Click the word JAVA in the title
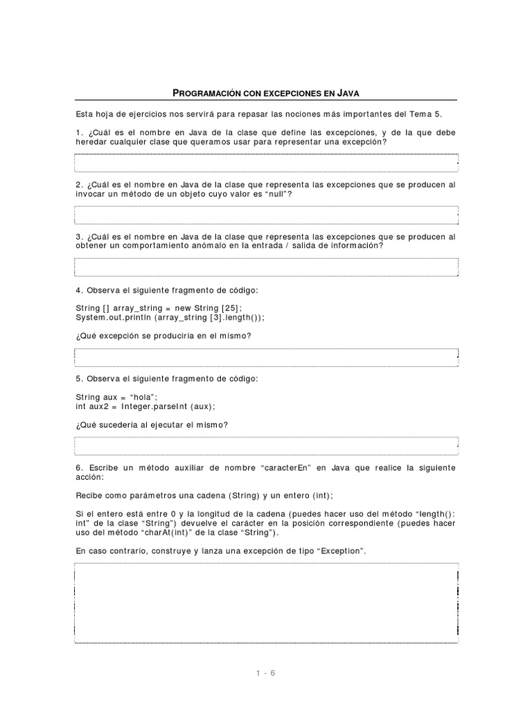tap(346, 92)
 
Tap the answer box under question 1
tap(266, 162)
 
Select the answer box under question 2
tap(266, 214)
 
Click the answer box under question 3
tap(266, 267)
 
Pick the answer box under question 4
tap(266, 356)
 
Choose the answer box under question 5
tap(266, 445)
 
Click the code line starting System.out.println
tap(170, 317)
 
